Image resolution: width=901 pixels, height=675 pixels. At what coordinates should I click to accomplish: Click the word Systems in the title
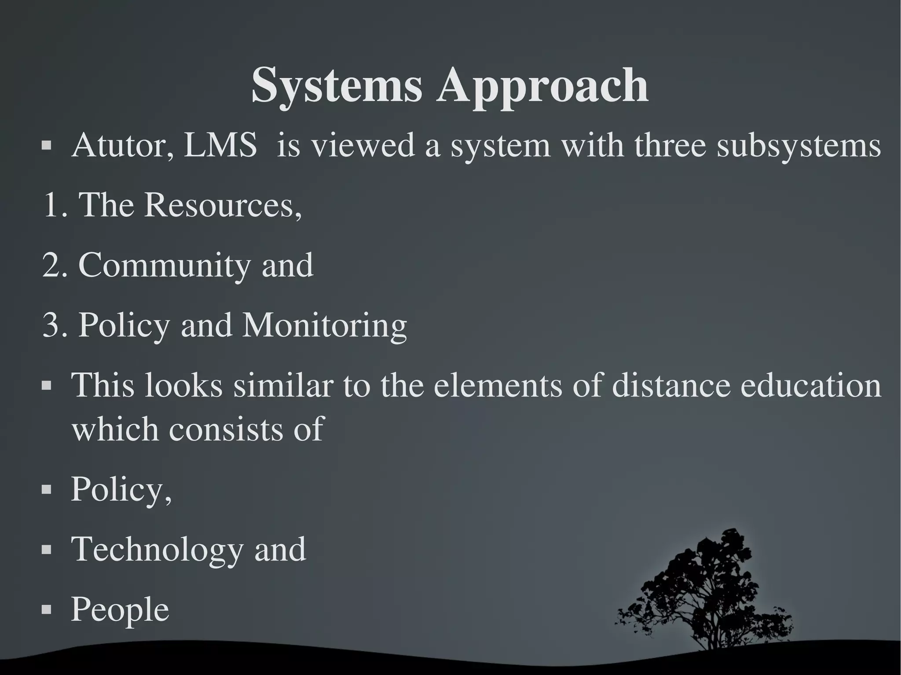coord(337,86)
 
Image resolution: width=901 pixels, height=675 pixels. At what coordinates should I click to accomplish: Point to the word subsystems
coord(798,146)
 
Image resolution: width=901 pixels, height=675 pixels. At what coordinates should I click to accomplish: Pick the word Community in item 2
coord(164,266)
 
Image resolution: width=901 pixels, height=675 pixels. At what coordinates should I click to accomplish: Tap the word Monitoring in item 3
coord(325,326)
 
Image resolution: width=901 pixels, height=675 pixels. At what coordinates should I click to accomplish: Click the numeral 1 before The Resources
coord(51,205)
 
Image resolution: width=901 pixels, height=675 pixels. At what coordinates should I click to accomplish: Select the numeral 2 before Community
coord(51,265)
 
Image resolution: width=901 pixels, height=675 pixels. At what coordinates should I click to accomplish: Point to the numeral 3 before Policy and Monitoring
coord(51,326)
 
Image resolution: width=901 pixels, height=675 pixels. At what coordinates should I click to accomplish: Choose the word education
coord(811,385)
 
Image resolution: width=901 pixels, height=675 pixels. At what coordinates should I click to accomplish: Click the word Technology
coord(157,550)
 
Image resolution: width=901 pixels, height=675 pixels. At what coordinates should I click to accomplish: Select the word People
coord(120,609)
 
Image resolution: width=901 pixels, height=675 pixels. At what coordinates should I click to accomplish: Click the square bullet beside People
coord(47,610)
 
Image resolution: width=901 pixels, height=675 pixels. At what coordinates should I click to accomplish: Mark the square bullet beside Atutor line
coord(47,145)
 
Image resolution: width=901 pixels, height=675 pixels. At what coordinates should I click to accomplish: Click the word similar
coord(282,385)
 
